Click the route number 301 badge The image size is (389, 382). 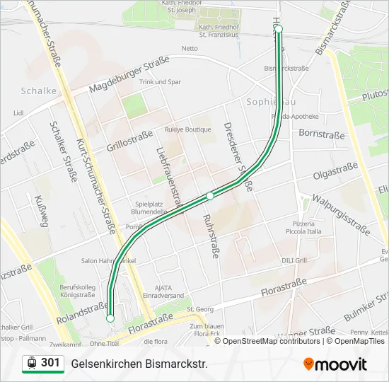tap(42, 363)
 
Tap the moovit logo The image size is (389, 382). tap(335, 364)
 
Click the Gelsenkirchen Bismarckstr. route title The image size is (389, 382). tap(139, 364)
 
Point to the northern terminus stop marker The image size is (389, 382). tap(279, 29)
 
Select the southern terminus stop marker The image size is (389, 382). tap(110, 318)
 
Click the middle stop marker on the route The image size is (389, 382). tap(210, 195)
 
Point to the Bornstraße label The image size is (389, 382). tap(322, 133)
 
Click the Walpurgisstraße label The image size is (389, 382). tap(341, 214)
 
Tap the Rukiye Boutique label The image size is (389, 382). tap(188, 129)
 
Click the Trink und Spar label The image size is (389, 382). tap(160, 82)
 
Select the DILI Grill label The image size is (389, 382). tap(294, 260)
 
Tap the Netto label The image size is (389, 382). tap(190, 48)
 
